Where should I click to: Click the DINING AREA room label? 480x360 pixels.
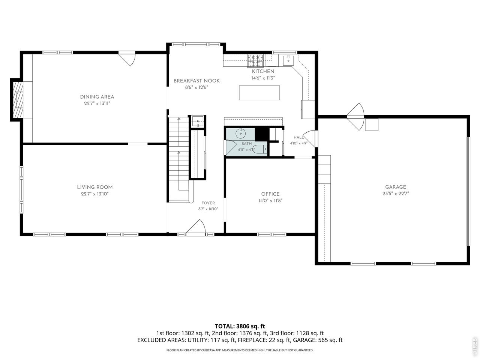click(x=97, y=97)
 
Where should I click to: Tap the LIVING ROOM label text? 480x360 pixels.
click(x=95, y=187)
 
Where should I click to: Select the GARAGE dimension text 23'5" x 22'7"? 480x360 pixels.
click(x=396, y=193)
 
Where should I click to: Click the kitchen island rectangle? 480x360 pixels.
click(x=259, y=93)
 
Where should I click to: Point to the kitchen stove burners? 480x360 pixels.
click(x=255, y=60)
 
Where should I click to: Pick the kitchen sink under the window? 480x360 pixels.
click(x=288, y=60)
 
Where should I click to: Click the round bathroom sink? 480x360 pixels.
click(x=240, y=133)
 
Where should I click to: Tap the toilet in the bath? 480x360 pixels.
click(x=261, y=149)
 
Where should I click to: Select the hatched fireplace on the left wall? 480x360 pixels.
click(x=18, y=100)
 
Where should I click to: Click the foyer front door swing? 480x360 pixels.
click(x=196, y=227)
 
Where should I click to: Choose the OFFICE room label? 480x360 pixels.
click(x=270, y=194)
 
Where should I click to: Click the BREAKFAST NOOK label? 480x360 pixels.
click(x=196, y=81)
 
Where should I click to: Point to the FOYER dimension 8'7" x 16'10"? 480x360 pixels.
click(x=208, y=209)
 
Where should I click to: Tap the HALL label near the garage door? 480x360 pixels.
click(x=298, y=137)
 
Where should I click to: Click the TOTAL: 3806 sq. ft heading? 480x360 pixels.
click(x=240, y=326)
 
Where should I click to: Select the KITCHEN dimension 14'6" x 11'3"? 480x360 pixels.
click(x=263, y=78)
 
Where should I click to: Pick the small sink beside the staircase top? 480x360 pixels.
click(x=198, y=121)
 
